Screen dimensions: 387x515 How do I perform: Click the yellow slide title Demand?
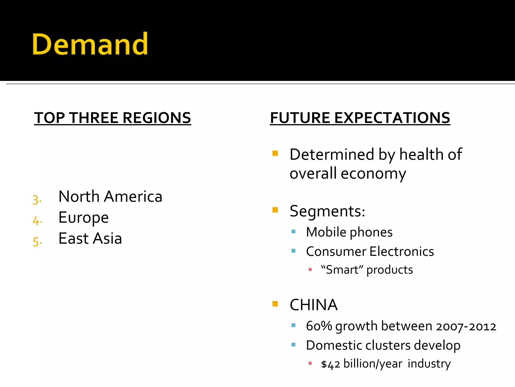[x=90, y=44]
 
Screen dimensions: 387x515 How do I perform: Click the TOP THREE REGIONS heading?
[x=112, y=118]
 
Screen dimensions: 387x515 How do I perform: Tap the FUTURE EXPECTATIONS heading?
[x=360, y=118]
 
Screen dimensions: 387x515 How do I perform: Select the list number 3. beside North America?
[x=37, y=200]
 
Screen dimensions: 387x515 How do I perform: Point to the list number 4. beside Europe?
[x=37, y=221]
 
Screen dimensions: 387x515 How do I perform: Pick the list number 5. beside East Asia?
[x=37, y=242]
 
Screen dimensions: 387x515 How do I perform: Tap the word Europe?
[x=83, y=217]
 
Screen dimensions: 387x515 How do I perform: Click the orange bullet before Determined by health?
[x=275, y=153]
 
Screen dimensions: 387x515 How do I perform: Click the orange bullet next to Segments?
[x=275, y=210]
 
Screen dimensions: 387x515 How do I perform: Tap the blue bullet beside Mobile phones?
[x=293, y=231]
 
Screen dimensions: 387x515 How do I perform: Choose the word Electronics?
[x=402, y=251]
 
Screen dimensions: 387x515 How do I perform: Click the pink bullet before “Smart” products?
[x=310, y=270]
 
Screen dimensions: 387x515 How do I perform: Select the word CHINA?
[x=314, y=305]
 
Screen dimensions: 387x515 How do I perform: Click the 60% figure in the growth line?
[x=319, y=326]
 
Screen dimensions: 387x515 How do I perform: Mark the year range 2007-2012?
[x=466, y=327]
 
